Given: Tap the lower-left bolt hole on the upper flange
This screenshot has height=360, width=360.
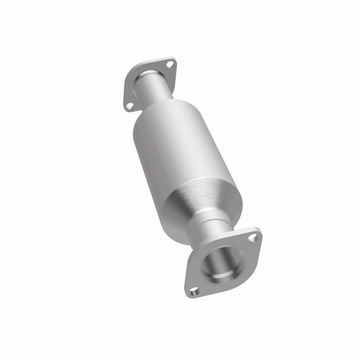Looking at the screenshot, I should pyautogui.click(x=130, y=107).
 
